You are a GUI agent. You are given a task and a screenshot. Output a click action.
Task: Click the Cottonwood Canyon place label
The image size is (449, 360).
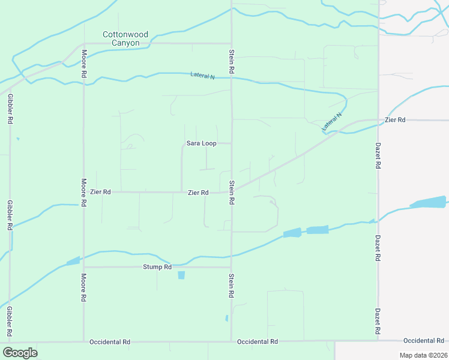click(125, 38)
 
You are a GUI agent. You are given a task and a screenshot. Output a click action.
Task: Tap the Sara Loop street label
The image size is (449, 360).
click(201, 143)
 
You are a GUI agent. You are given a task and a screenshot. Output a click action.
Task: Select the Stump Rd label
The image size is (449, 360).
click(157, 267)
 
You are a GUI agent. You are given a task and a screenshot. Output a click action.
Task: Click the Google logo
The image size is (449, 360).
click(20, 353)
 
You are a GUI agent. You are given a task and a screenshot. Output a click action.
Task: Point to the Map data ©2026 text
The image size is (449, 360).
click(423, 355)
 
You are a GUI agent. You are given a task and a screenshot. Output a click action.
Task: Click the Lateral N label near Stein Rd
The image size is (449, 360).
click(202, 76)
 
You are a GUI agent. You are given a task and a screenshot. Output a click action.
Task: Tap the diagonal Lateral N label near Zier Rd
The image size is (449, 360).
click(331, 122)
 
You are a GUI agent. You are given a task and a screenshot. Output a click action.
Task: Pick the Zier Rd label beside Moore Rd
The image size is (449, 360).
click(100, 192)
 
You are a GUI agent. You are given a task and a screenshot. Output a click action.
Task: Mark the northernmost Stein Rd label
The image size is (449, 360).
click(232, 62)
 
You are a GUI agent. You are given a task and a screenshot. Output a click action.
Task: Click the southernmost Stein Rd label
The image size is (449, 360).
click(232, 286)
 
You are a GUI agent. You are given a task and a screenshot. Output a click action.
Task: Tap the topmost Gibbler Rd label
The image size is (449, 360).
click(10, 109)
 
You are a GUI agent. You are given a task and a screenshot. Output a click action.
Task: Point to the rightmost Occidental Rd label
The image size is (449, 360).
click(424, 340)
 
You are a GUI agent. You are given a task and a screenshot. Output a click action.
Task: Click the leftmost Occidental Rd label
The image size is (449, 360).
click(110, 342)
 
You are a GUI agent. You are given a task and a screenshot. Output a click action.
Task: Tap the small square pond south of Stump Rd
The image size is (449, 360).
click(181, 275)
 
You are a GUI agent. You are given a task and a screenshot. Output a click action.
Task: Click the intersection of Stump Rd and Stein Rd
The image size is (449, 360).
click(232, 267)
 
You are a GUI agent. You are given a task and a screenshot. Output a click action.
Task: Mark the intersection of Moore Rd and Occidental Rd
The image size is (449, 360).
click(83, 341)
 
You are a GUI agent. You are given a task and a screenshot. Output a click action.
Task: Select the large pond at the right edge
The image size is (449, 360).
click(429, 202)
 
